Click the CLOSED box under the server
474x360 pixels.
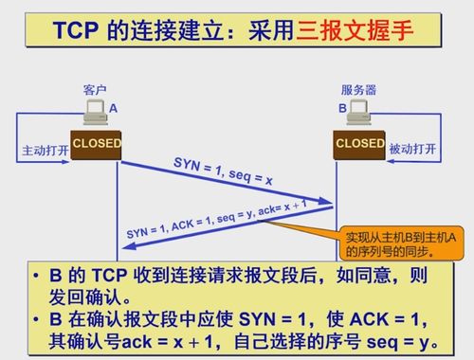[359, 143]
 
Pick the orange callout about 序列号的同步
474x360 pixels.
[398, 244]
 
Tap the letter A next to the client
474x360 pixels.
[113, 109]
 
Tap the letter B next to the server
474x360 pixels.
[342, 109]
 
